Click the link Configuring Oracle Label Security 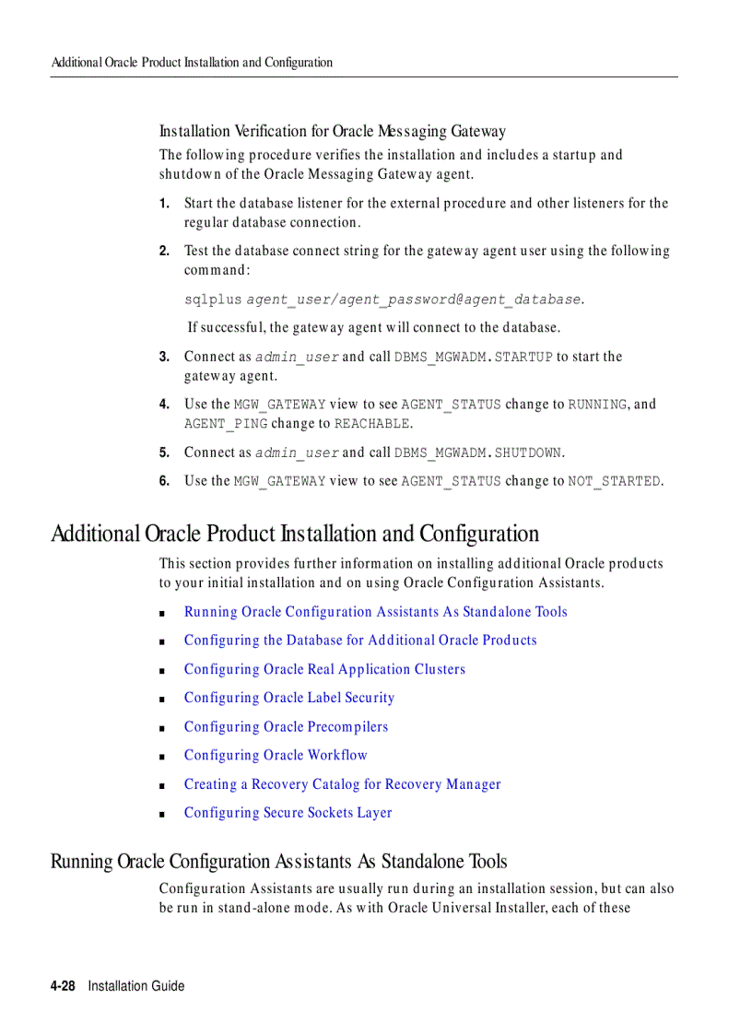point(288,698)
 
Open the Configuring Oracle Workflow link point(275,755)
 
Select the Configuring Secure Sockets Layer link point(288,812)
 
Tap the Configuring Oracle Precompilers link point(286,726)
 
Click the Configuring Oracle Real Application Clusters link point(324,669)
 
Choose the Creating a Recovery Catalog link point(342,784)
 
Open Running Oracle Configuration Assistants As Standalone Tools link point(375,612)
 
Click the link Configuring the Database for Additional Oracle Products point(359,640)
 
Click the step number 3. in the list point(164,357)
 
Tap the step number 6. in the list point(164,481)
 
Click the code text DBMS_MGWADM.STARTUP point(473,357)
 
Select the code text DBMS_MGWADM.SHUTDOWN point(477,453)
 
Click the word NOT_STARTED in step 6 point(614,481)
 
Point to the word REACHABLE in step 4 point(371,424)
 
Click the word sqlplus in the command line point(212,300)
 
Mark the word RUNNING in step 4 point(597,405)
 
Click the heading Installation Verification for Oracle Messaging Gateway point(332,132)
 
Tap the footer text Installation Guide point(136,986)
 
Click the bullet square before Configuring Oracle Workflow point(161,756)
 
